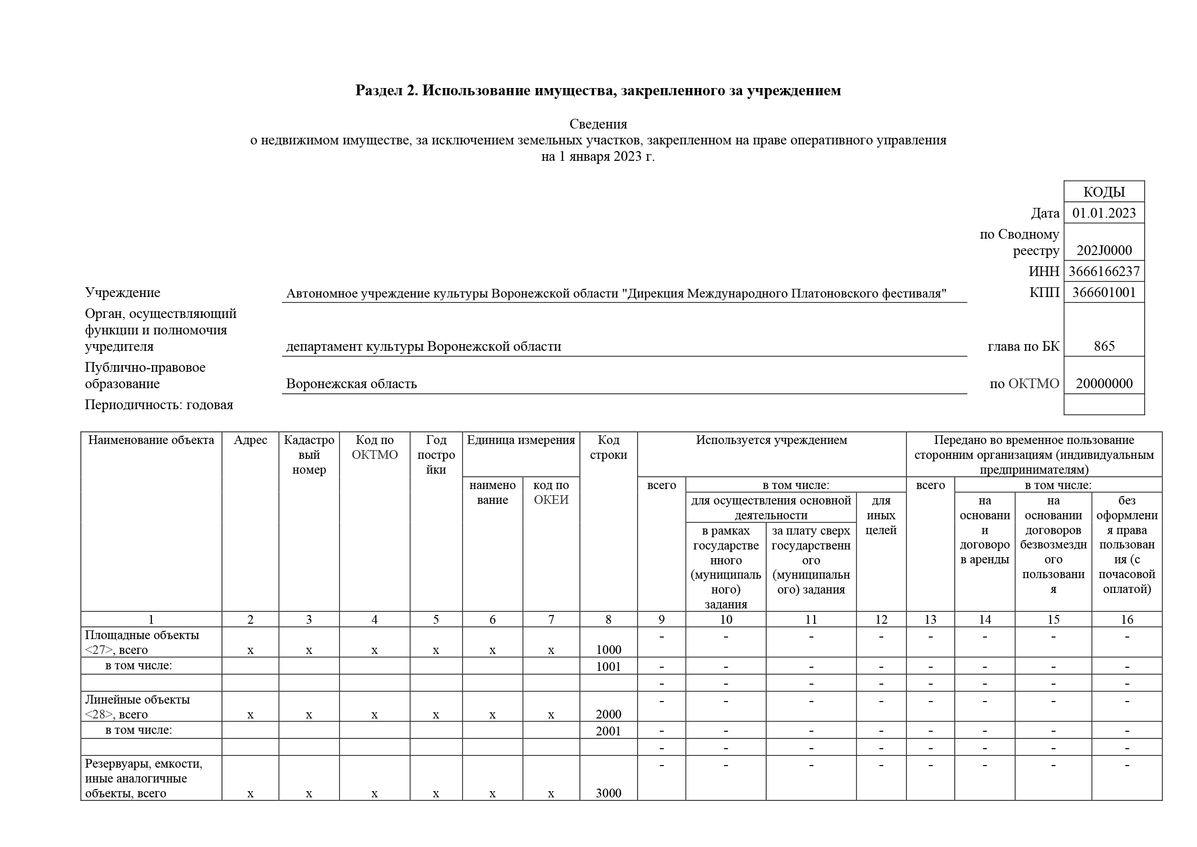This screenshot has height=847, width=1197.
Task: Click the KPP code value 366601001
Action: [1104, 292]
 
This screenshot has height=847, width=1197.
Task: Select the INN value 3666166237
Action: [1104, 272]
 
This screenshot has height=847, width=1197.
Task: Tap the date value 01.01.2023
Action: [1104, 213]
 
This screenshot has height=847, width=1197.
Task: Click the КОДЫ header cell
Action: [1104, 192]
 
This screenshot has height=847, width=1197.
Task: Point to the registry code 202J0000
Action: [1104, 250]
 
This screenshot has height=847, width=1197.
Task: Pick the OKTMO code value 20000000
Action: [1104, 384]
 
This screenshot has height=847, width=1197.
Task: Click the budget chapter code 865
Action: [1104, 346]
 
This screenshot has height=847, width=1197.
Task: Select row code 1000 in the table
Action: [608, 650]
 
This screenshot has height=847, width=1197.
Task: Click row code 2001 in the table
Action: [608, 731]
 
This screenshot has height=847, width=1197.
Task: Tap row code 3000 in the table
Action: [608, 793]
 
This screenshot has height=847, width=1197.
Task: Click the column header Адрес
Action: [250, 440]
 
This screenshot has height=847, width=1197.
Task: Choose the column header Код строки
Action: [608, 448]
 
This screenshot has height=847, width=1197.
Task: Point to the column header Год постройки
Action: [436, 455]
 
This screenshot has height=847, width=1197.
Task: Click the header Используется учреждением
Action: [771, 440]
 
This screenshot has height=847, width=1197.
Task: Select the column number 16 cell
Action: [1126, 620]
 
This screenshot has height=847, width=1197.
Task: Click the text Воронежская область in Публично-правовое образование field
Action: [352, 384]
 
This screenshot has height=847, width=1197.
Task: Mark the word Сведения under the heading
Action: [598, 124]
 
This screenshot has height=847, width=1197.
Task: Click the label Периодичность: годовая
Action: [159, 405]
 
